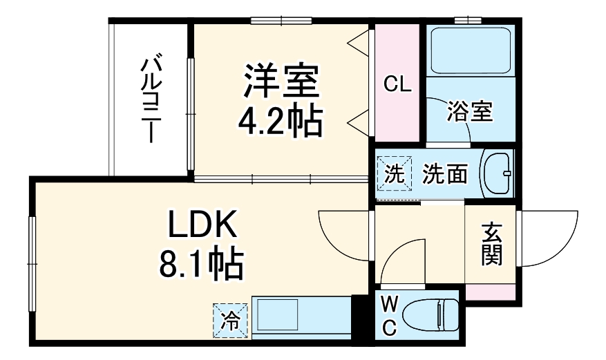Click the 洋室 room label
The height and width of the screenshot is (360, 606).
coord(280,82)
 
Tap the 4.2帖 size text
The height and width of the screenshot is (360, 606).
coord(280,122)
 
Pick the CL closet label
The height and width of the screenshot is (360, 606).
coord(397,85)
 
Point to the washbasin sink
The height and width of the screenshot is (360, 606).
coord(498,173)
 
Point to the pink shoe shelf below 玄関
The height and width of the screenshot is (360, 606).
coord(491,292)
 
